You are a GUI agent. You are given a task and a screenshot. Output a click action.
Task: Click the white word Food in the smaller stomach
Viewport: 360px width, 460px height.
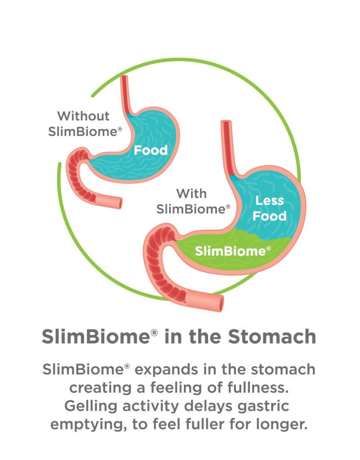pyautogui.click(x=151, y=150)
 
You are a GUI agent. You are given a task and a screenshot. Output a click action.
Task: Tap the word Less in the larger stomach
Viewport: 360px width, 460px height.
pyautogui.click(x=270, y=201)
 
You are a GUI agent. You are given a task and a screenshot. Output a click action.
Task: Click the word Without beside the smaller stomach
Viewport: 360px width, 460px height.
pyautogui.click(x=83, y=116)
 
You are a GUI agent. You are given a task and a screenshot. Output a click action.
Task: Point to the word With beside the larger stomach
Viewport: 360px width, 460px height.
pyautogui.click(x=191, y=194)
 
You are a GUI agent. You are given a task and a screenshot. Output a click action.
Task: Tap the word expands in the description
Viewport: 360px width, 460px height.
pyautogui.click(x=166, y=370)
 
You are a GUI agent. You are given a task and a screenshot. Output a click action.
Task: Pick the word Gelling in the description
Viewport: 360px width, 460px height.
pyautogui.click(x=91, y=406)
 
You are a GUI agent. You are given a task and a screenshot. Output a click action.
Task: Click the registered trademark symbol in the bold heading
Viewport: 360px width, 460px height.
pyautogui.click(x=154, y=332)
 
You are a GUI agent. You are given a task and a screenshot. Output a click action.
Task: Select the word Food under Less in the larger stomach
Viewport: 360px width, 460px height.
pyautogui.click(x=270, y=216)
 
